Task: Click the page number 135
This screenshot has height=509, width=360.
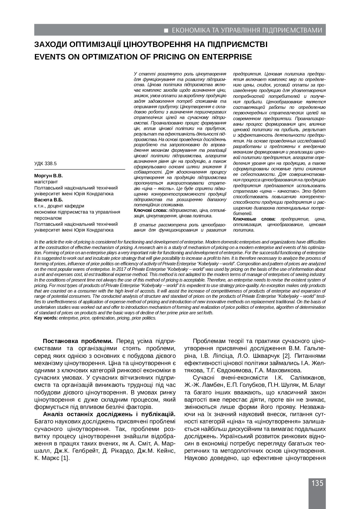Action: (317, 483)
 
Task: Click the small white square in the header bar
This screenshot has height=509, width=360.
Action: (166, 30)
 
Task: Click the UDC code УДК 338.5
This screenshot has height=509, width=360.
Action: (46, 164)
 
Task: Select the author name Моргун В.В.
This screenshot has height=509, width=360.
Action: (48, 176)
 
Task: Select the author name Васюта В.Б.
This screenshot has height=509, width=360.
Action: (48, 200)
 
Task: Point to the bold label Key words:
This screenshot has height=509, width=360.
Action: (46, 318)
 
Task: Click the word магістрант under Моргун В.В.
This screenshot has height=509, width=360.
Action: (46, 182)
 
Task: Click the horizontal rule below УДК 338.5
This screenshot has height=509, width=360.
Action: (80, 169)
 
